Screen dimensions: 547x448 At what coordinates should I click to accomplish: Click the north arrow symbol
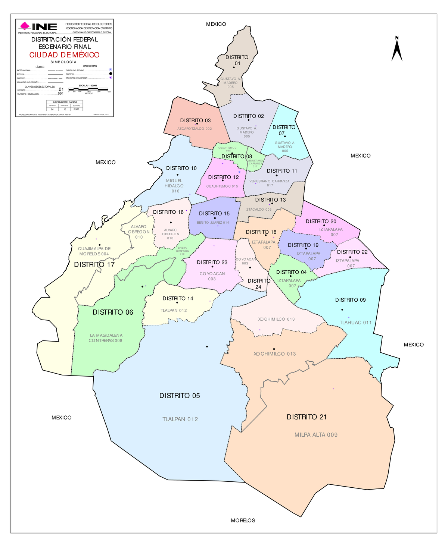point(397,49)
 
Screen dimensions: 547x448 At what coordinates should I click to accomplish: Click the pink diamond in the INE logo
point(25,26)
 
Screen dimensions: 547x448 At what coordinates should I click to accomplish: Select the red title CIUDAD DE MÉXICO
point(65,55)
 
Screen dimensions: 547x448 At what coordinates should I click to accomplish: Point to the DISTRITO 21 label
point(307,417)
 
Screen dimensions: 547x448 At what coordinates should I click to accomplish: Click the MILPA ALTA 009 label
point(316,435)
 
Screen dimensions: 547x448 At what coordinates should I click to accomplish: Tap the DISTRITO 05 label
point(180,396)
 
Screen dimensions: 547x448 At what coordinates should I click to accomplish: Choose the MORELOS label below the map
point(243,521)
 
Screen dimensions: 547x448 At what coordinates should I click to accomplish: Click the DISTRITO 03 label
point(195,120)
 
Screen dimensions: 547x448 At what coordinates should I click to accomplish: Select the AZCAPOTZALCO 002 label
point(195,129)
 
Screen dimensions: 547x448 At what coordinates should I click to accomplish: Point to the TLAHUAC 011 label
point(355,323)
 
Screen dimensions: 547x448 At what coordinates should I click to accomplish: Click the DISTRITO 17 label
point(94,265)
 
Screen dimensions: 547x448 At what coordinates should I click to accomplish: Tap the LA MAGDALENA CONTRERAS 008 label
point(106,338)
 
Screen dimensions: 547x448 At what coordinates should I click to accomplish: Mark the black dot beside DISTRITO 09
point(342,309)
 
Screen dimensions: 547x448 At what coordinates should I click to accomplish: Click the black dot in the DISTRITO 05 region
point(207,347)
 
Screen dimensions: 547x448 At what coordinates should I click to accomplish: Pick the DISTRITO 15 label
point(214,214)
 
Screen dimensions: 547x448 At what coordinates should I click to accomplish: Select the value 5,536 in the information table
point(76,109)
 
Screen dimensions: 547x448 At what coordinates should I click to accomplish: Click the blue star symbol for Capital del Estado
point(111,70)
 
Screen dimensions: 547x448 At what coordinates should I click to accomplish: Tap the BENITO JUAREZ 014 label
point(213,223)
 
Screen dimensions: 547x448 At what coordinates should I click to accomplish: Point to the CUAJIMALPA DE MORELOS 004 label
point(94,251)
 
